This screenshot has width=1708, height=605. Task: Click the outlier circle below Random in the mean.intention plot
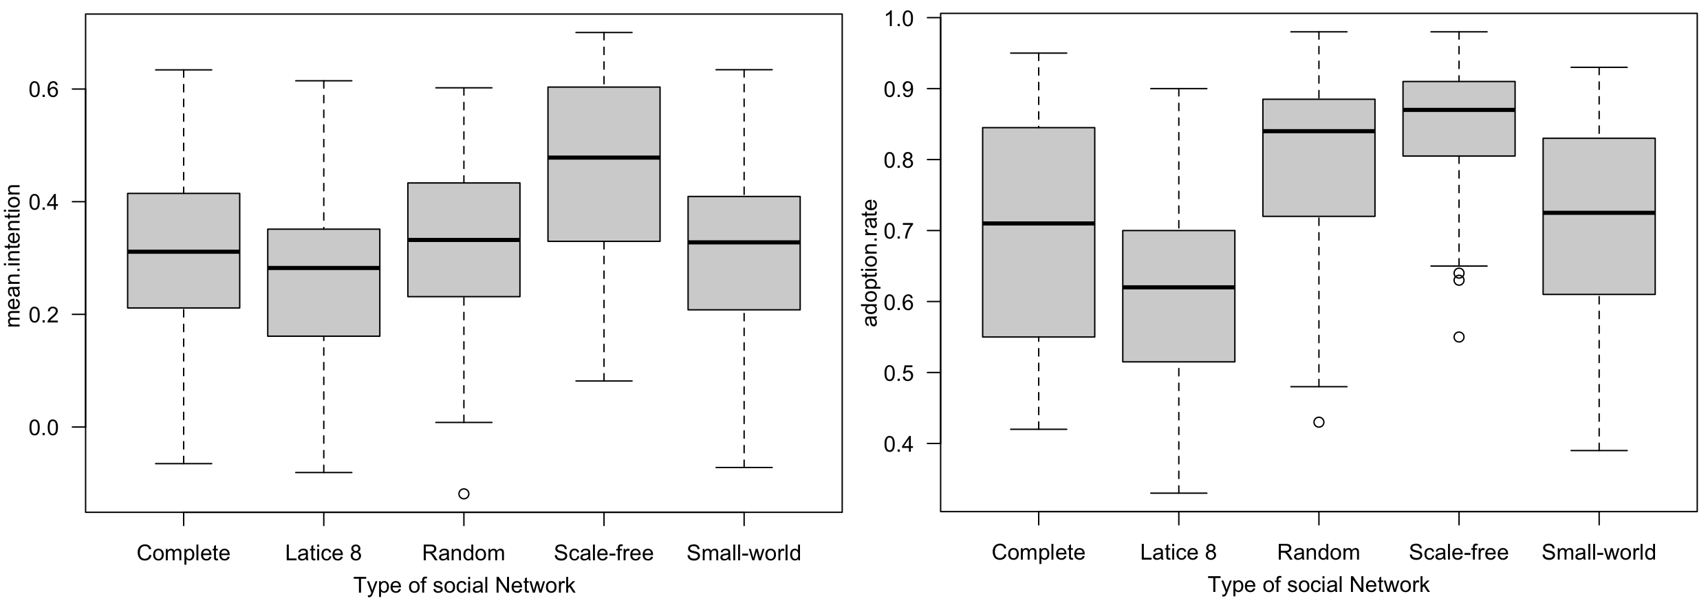click(x=464, y=494)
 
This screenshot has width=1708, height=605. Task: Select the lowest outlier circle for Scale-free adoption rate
click(x=1458, y=337)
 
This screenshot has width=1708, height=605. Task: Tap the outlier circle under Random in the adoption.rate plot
click(x=1319, y=422)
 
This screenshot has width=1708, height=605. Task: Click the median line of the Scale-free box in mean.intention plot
click(x=604, y=157)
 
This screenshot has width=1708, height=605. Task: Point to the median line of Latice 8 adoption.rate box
click(x=1178, y=287)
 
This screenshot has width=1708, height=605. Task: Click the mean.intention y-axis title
click(x=14, y=256)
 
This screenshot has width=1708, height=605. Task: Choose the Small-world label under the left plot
click(x=744, y=553)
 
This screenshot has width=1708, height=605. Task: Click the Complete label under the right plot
click(x=1038, y=553)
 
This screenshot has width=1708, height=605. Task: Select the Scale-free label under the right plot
click(x=1458, y=553)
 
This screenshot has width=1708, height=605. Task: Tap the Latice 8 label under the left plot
click(x=323, y=553)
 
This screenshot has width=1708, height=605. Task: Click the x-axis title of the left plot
click(x=464, y=585)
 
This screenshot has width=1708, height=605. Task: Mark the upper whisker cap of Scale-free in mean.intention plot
click(x=604, y=32)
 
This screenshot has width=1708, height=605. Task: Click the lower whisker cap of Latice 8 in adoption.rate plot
click(x=1178, y=493)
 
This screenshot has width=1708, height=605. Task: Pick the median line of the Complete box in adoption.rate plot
click(x=1038, y=223)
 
